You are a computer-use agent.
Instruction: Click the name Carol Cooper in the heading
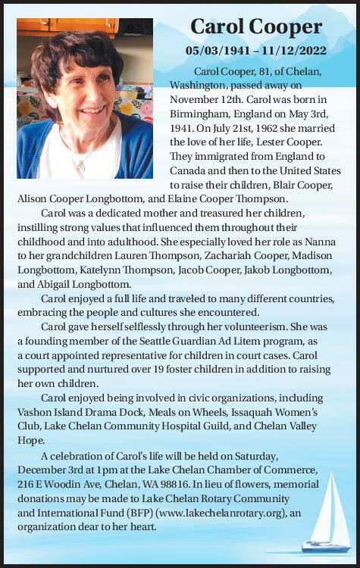256,27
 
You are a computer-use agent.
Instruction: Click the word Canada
189,170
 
